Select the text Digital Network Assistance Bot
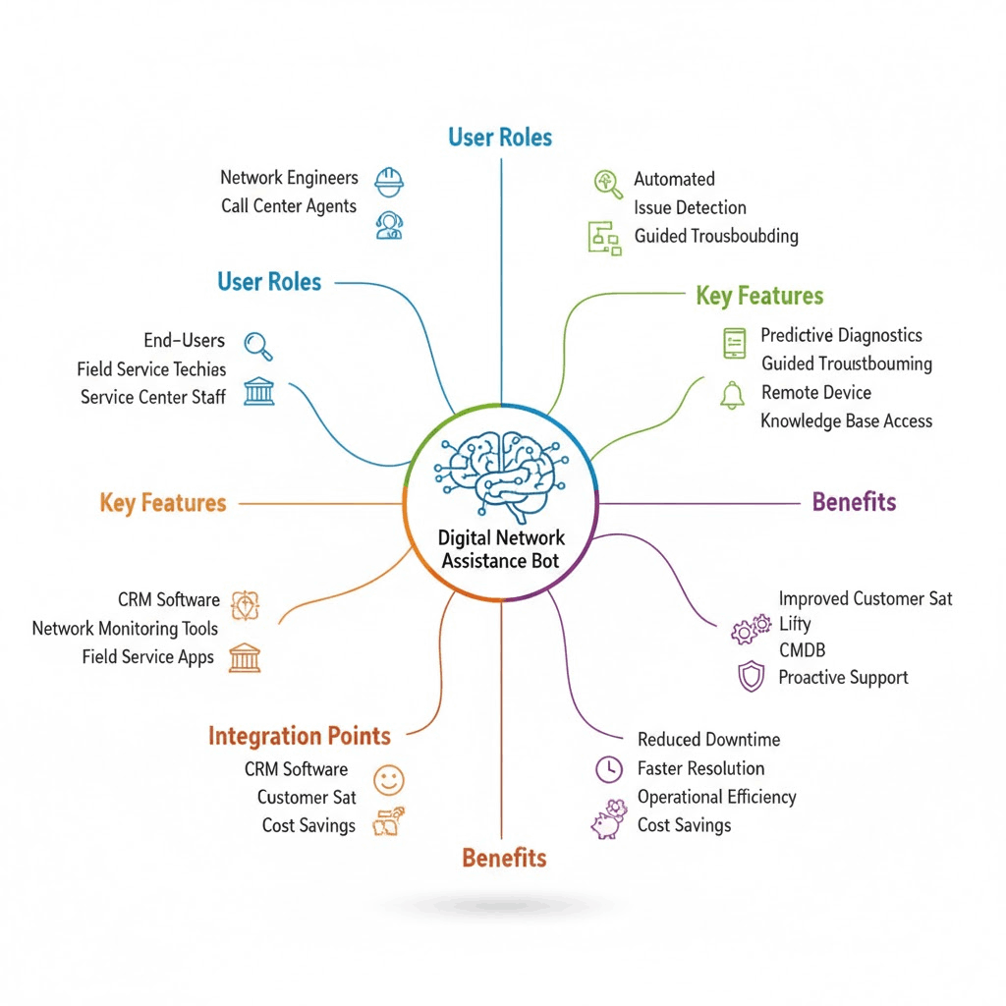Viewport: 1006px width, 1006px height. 501,549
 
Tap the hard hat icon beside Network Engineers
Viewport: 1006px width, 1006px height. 390,181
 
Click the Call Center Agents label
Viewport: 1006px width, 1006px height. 289,206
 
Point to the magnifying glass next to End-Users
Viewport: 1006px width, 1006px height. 257,345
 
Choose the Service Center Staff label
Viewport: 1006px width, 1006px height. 153,397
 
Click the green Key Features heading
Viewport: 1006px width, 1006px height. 759,296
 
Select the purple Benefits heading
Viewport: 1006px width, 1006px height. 854,502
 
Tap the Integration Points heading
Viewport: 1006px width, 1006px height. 300,736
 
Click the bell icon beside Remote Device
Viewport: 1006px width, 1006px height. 732,395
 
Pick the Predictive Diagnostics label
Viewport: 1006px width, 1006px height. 841,335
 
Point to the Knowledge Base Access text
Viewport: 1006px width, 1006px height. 846,420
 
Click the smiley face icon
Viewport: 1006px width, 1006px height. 389,781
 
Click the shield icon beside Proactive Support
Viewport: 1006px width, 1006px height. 751,677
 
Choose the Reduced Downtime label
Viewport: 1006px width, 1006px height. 708,739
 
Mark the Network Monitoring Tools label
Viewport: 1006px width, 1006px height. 125,628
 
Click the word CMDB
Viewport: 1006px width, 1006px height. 802,649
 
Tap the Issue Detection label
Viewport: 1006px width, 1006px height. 690,207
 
